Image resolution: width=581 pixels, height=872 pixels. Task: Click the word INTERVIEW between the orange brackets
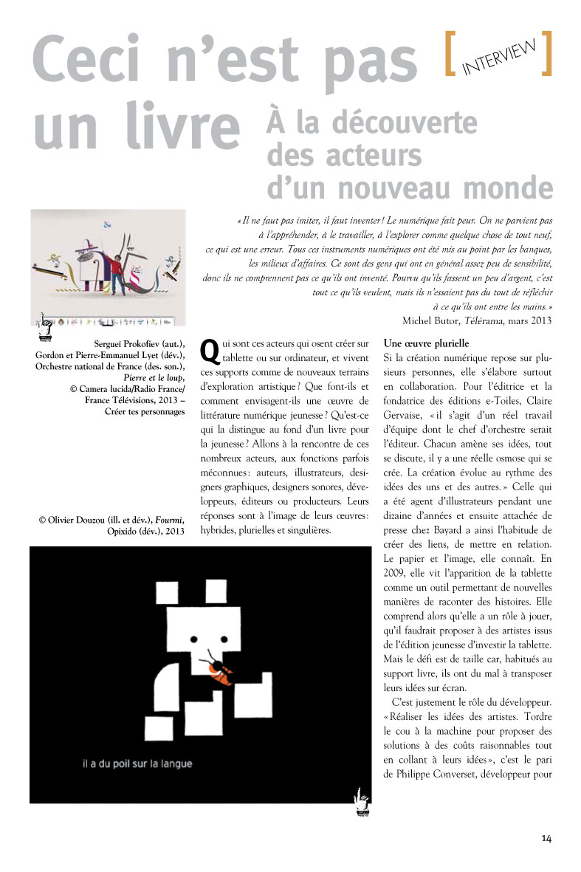pyautogui.click(x=500, y=57)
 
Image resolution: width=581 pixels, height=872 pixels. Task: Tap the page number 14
pyautogui.click(x=546, y=837)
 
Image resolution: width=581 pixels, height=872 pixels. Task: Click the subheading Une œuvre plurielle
pyautogui.click(x=427, y=343)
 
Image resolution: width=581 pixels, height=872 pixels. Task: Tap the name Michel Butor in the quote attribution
pyautogui.click(x=430, y=320)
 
